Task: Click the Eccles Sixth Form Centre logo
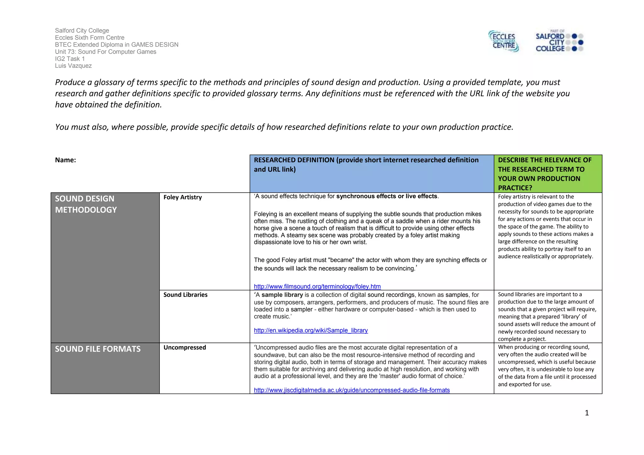click(503, 41)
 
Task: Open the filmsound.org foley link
click(317, 287)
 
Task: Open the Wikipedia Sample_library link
click(311, 331)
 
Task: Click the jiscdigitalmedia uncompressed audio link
click(352, 390)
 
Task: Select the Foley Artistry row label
click(182, 197)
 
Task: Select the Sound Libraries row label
click(185, 295)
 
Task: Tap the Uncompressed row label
click(185, 348)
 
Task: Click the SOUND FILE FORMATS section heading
click(97, 349)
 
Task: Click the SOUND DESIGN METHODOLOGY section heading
click(86, 204)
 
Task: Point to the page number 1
click(586, 413)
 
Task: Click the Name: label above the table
click(65, 160)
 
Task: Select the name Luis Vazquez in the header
click(73, 66)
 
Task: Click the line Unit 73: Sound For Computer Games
click(105, 52)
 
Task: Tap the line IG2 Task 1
click(70, 59)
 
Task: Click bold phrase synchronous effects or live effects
click(386, 196)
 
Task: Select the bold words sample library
click(282, 295)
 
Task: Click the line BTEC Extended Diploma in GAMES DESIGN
click(116, 45)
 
